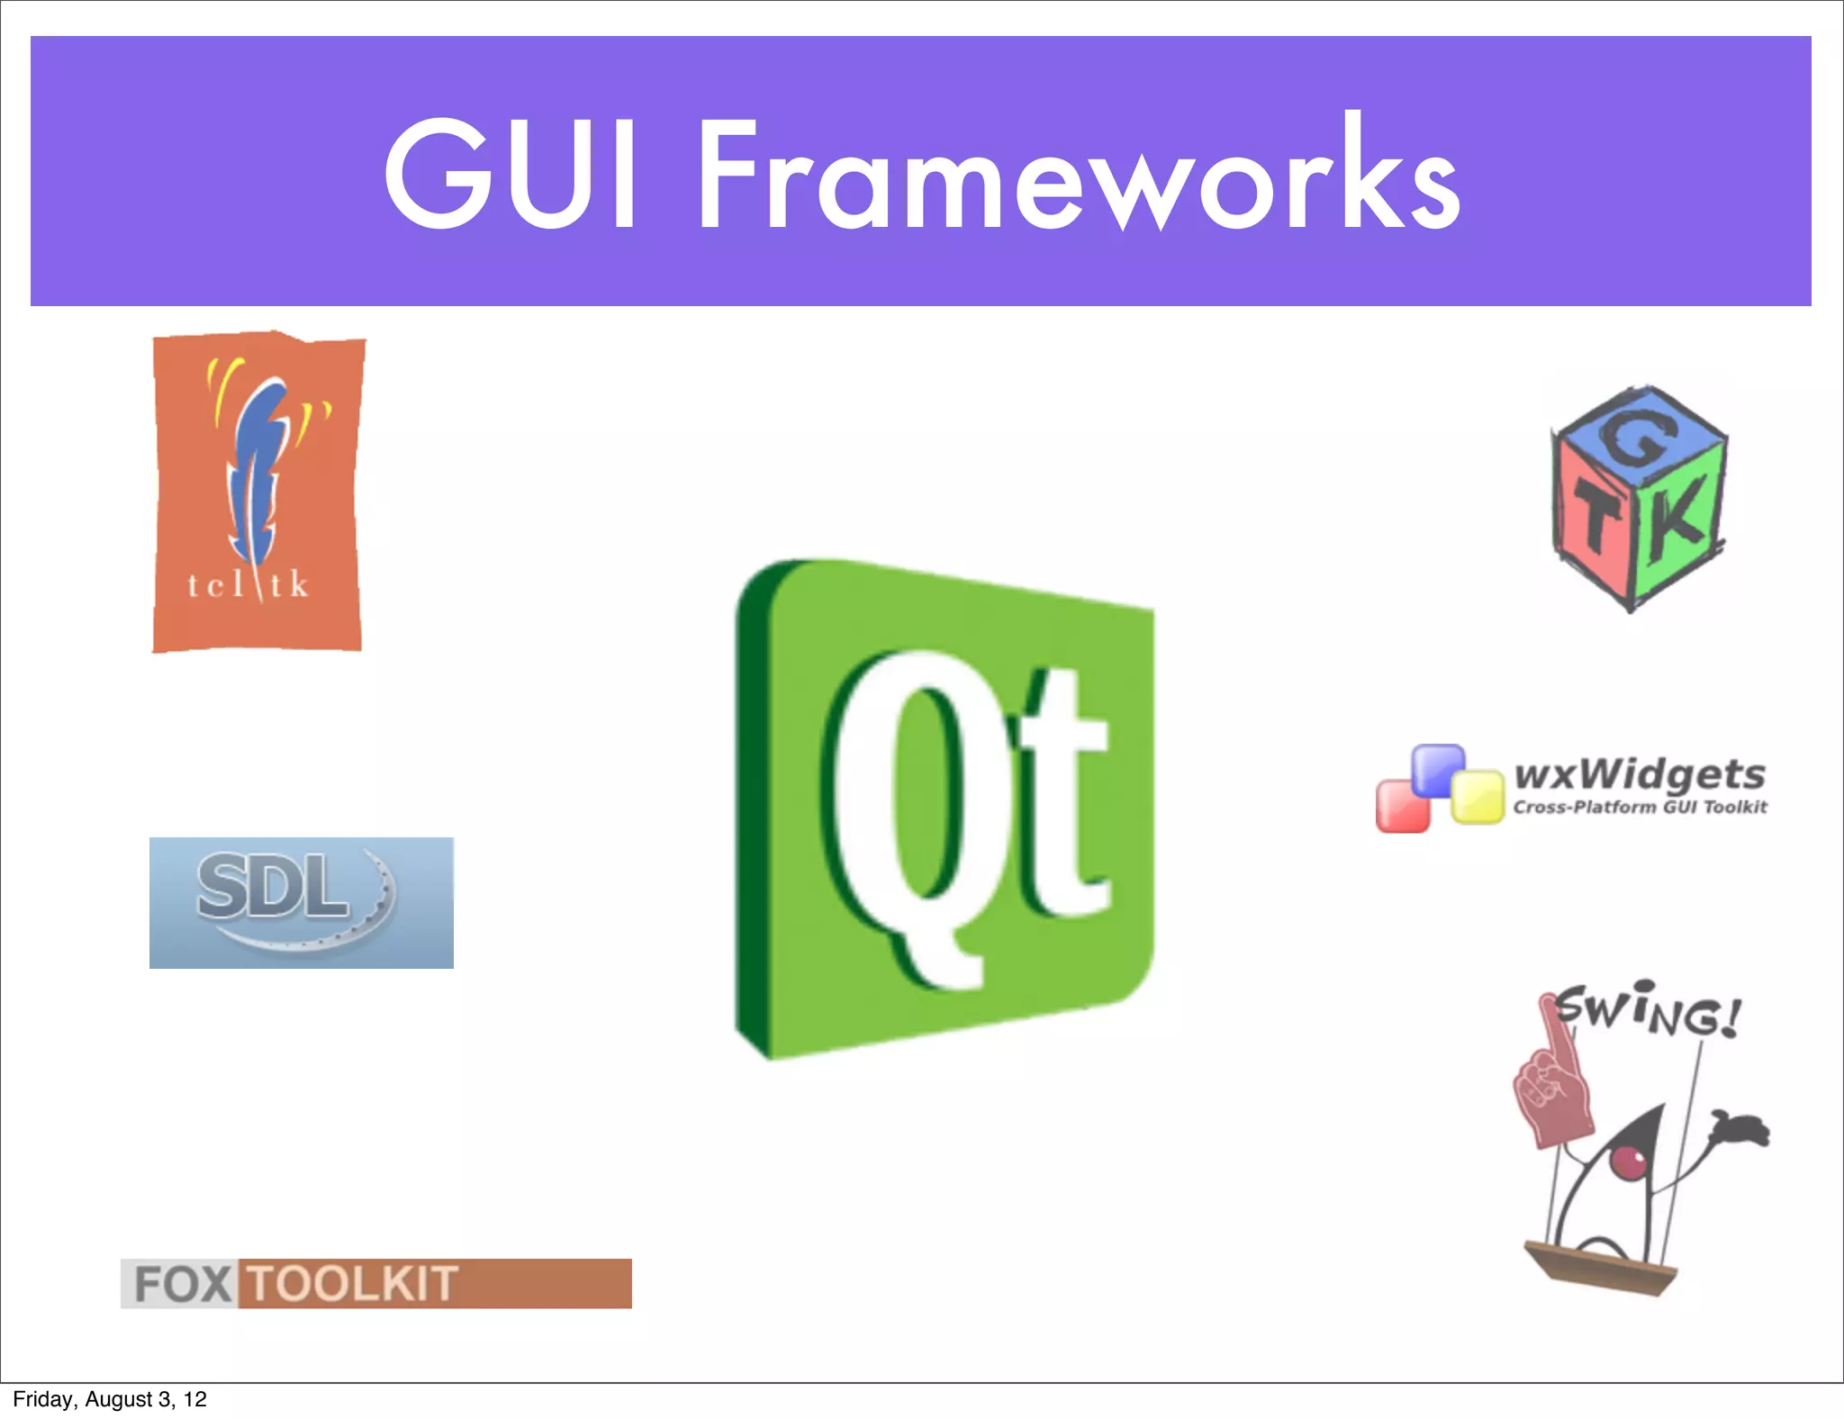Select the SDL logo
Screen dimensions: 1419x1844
point(301,902)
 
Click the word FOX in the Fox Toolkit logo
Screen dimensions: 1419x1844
point(181,1283)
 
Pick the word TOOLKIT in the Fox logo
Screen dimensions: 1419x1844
point(353,1283)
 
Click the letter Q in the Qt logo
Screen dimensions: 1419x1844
point(909,810)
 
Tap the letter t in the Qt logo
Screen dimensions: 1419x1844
point(1062,792)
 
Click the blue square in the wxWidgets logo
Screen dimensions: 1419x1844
point(1438,770)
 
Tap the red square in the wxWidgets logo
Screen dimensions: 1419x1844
point(1402,807)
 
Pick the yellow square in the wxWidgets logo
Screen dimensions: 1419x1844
point(1477,797)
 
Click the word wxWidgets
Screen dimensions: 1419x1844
point(1639,773)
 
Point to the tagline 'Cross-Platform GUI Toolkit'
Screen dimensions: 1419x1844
point(1639,807)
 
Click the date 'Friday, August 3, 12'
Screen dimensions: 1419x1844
point(110,1399)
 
